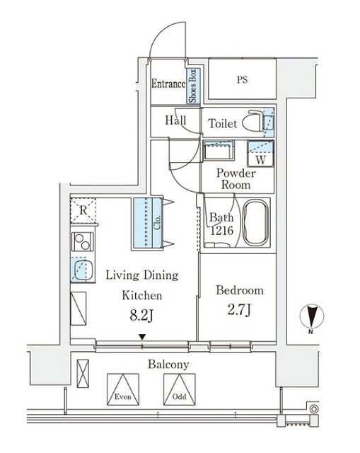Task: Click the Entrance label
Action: [x=168, y=84]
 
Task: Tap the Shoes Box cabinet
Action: [x=192, y=85]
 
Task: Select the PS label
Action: [x=242, y=80]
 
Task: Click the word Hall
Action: [x=175, y=121]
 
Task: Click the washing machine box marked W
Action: [x=260, y=154]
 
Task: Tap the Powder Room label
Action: [x=233, y=178]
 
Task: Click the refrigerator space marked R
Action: [x=83, y=210]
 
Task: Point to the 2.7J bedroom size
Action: [x=238, y=311]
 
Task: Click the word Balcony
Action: [x=168, y=365]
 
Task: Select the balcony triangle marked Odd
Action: [x=178, y=388]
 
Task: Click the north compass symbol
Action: [x=313, y=316]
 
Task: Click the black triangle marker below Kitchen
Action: [x=143, y=337]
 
